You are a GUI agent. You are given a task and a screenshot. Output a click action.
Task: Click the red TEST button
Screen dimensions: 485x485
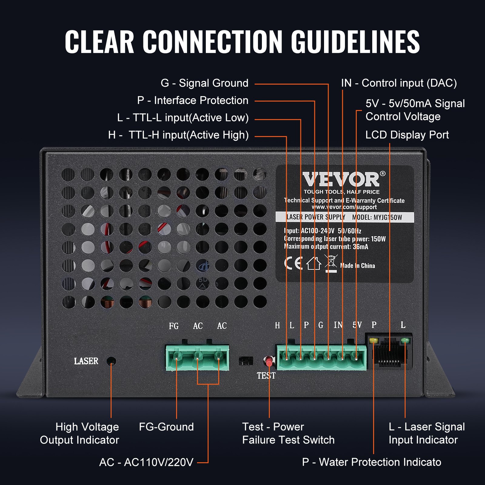coord(269,361)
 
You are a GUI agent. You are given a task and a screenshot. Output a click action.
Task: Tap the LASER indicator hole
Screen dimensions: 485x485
coord(112,361)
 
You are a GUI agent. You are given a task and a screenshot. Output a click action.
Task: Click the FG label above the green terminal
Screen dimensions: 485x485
coord(174,326)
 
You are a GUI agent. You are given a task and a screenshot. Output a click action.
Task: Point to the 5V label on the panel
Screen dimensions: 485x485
coord(357,325)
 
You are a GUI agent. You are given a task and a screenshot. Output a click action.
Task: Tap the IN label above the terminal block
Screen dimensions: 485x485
coord(338,325)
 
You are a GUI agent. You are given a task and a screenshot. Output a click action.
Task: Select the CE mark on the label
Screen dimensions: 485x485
coord(293,263)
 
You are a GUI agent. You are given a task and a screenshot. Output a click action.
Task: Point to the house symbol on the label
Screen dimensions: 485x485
coord(313,263)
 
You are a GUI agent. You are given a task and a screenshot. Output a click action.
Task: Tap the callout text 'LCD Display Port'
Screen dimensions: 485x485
coord(407,135)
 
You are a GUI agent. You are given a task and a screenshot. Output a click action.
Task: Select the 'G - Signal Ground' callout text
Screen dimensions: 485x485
coord(204,83)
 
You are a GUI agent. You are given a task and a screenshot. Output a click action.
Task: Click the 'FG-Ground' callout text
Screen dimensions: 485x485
coord(166,427)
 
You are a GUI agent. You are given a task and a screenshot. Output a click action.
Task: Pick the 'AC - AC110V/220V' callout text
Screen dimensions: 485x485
coord(146,462)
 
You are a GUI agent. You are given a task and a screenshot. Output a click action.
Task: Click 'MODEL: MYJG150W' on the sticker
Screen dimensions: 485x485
coord(377,217)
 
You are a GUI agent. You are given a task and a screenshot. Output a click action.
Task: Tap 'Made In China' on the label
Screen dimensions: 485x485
coord(357,266)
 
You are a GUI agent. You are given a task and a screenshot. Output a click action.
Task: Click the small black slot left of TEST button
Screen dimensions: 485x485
coord(246,361)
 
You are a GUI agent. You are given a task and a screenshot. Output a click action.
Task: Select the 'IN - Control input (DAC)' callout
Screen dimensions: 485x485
coord(399,83)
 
